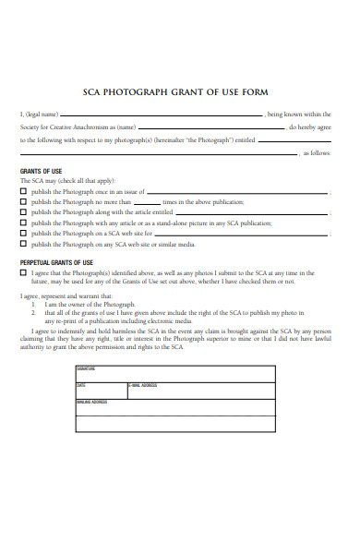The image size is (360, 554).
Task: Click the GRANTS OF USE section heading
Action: (x=42, y=171)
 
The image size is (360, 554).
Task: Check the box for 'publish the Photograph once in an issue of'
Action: (x=24, y=191)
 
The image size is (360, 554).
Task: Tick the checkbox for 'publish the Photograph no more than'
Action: (x=24, y=201)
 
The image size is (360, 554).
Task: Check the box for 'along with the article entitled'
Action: (x=24, y=212)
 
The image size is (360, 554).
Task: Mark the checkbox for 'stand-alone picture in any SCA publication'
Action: (x=24, y=223)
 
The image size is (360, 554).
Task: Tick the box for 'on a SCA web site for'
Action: (x=24, y=234)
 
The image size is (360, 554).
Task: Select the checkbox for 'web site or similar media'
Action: (x=24, y=245)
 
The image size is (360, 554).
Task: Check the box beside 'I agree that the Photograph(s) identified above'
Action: (x=24, y=273)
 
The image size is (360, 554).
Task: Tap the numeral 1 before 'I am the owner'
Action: (x=33, y=303)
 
